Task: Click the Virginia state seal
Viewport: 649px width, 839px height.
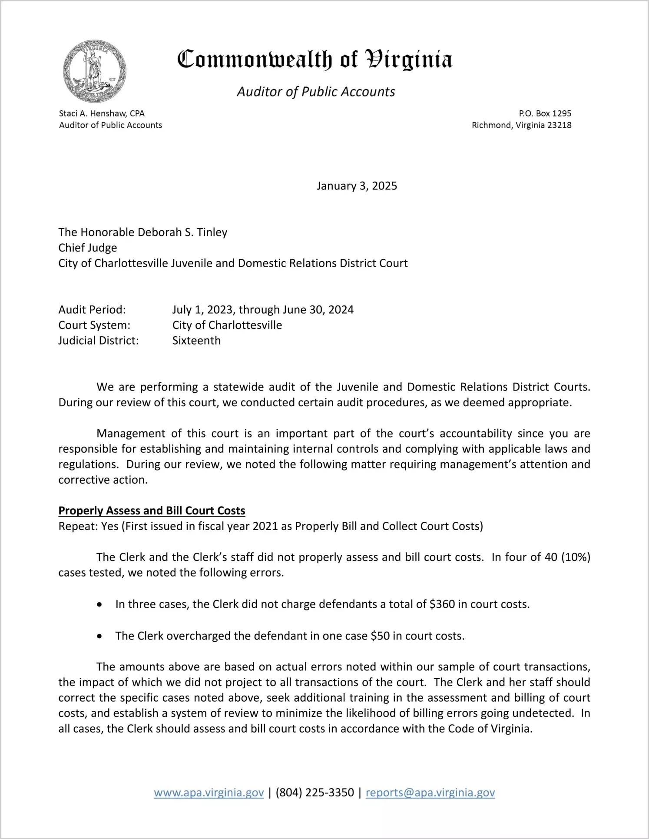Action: tap(95, 71)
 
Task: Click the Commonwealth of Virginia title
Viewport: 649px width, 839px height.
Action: tap(315, 60)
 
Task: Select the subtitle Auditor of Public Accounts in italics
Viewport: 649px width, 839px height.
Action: tap(316, 92)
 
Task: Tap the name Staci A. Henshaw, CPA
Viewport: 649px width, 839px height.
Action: tap(102, 113)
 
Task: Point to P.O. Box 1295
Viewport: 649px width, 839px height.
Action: tap(545, 113)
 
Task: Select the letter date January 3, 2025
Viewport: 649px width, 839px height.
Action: tap(357, 186)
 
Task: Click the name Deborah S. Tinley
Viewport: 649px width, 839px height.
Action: tap(182, 232)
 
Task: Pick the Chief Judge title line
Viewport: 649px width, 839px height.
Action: tap(88, 248)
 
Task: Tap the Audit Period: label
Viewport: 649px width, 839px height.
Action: tap(92, 310)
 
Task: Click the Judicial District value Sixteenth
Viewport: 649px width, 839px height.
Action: tap(196, 341)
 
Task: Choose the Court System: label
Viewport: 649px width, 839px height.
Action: tap(94, 325)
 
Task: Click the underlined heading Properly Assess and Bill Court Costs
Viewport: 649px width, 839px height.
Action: tap(152, 511)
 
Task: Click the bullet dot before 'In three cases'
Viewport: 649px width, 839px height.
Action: tap(100, 604)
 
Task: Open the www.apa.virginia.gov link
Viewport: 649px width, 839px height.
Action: tap(209, 793)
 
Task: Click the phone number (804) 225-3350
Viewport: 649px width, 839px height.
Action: tap(315, 793)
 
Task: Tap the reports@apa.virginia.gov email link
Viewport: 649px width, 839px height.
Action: tap(430, 793)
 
